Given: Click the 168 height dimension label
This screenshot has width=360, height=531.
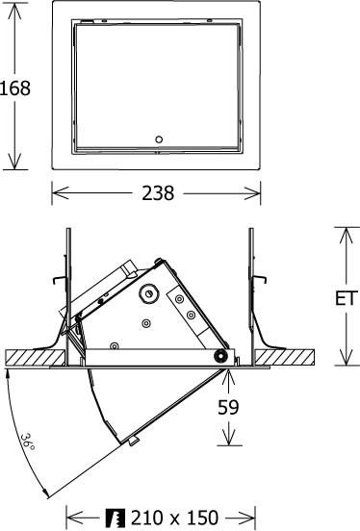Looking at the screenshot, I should (x=16, y=88).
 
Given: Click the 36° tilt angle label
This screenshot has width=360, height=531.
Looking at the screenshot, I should (x=28, y=443).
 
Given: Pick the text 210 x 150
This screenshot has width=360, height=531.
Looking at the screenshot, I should (x=174, y=518).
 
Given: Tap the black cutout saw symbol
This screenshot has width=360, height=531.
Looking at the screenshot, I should (x=116, y=518).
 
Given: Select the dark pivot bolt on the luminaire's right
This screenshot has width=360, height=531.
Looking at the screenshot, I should (x=222, y=357).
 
